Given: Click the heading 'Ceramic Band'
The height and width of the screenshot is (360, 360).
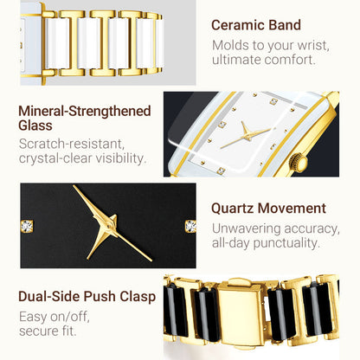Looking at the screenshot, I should [256, 25].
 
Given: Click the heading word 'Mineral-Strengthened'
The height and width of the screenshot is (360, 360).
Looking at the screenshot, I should [85, 111].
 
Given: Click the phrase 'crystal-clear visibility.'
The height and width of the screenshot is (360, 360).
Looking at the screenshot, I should [83, 158].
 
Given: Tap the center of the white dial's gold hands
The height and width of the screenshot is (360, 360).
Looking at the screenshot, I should [246, 135].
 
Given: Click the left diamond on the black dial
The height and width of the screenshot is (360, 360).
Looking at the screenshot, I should [27, 226].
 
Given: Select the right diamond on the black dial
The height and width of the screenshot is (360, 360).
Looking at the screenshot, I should [190, 226].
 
